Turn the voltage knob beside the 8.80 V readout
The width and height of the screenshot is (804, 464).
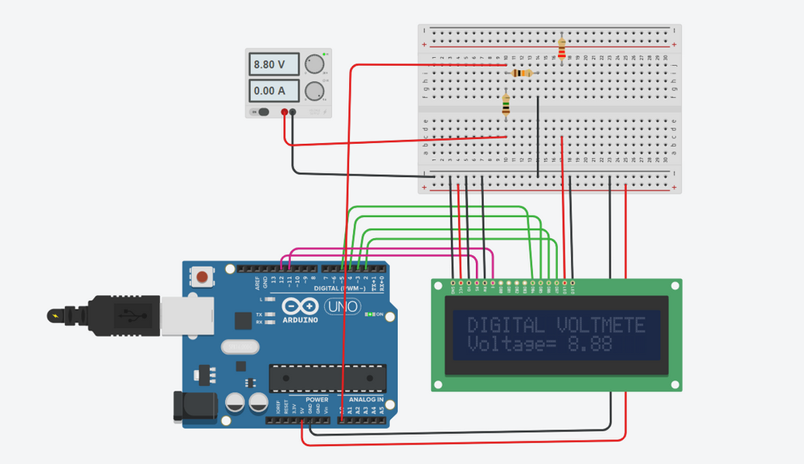pos(315,64)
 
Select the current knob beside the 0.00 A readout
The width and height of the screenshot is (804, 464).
pos(315,90)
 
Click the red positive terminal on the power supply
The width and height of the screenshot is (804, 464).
pos(285,113)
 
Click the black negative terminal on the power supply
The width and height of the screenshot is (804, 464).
pos(293,113)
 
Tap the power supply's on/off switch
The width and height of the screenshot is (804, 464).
pos(262,113)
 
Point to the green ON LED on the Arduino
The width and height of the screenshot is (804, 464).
pos(369,314)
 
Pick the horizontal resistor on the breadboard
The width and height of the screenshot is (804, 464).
pos(522,73)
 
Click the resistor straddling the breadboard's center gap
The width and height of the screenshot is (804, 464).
pos(506,105)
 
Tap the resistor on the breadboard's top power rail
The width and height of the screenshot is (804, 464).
pos(560,48)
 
